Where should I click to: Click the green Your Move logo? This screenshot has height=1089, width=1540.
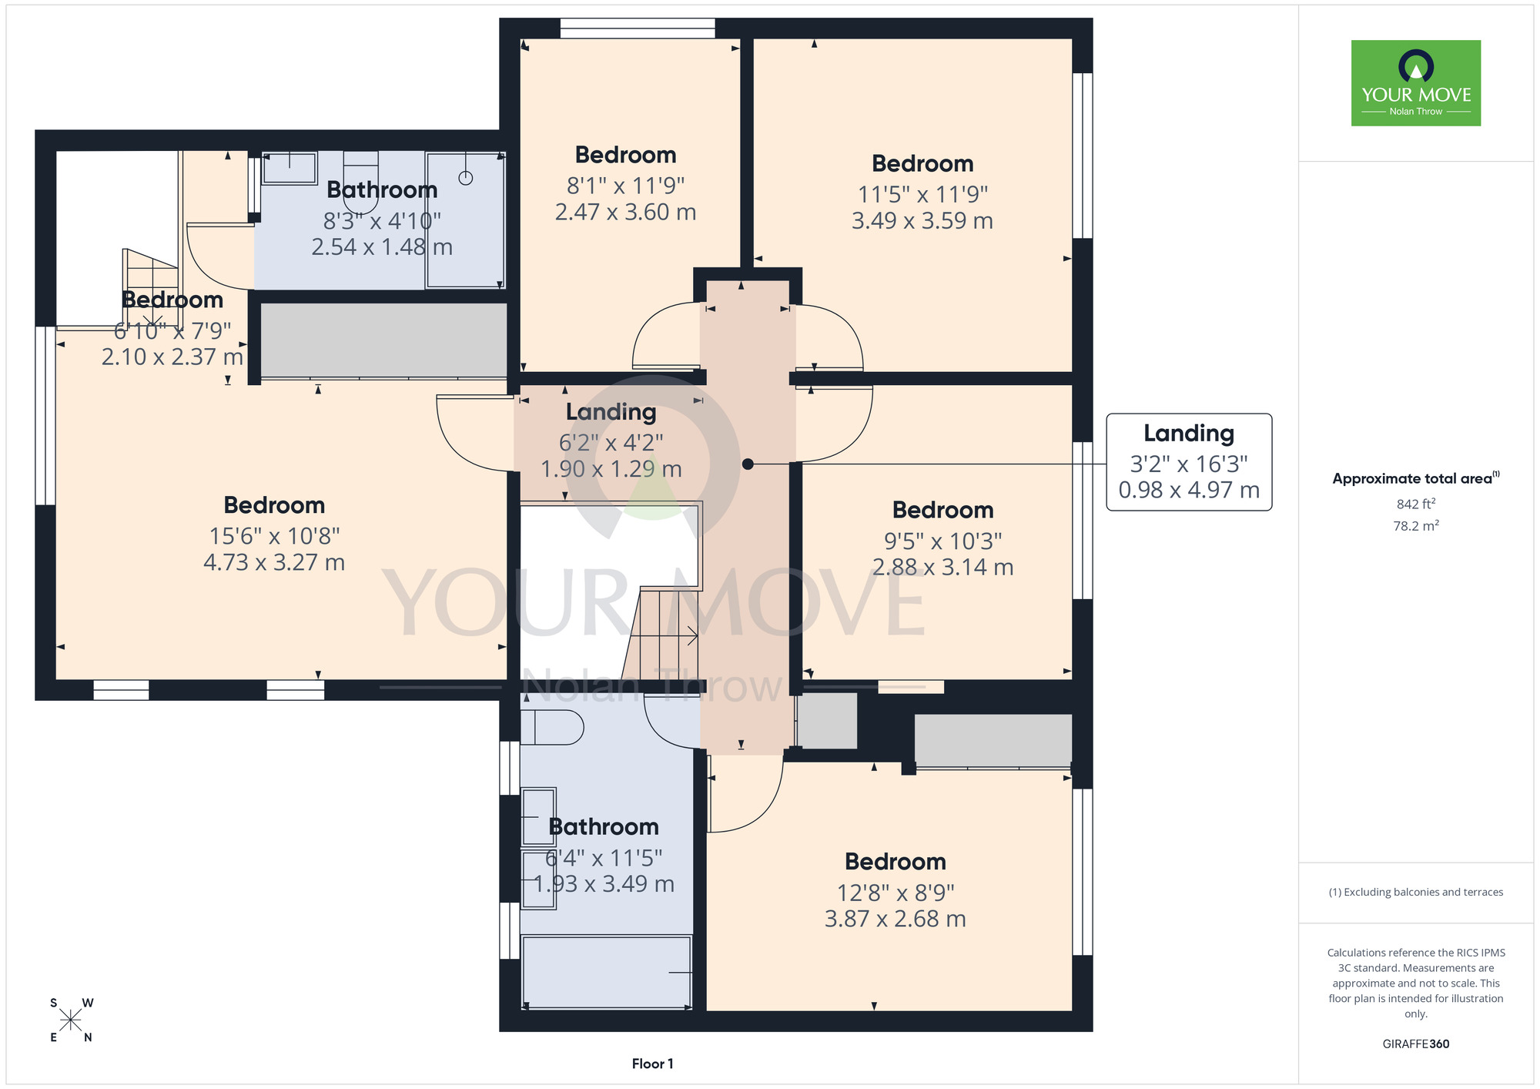1415,83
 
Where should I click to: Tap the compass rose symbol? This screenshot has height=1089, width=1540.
71,1020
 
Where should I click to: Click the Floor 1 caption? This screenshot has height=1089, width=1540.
652,1064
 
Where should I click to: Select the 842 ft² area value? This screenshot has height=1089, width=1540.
1416,504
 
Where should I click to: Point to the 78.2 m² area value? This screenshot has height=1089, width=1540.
1416,526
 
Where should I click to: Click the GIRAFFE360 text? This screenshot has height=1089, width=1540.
1416,1044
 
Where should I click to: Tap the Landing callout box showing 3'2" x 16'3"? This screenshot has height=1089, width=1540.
1189,462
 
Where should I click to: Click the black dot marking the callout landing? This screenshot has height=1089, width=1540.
747,464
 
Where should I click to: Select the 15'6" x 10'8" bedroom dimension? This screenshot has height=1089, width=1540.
274,535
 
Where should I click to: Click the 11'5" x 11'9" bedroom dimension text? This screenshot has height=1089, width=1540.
922,194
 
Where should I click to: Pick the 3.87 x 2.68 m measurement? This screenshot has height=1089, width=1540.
895,919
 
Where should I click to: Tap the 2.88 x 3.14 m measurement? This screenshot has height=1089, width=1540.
942,568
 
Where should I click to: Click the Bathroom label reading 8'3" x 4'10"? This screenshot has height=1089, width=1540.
382,189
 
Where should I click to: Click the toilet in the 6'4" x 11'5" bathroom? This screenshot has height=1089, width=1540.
551,727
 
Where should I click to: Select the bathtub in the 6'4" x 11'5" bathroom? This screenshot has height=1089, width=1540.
607,972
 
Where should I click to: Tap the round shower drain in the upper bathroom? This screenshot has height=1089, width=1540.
465,178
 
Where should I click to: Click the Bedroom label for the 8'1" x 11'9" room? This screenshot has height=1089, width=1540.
625,155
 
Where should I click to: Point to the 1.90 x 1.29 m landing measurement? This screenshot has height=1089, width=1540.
611,469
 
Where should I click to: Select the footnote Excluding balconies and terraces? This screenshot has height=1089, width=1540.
1416,893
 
